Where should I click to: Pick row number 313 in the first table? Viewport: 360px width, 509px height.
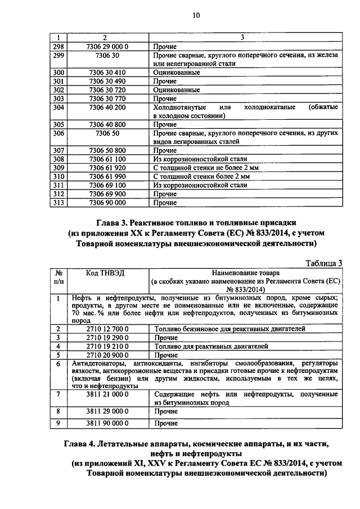[x=58, y=202]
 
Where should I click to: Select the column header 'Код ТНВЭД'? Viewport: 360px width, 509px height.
[x=105, y=273]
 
